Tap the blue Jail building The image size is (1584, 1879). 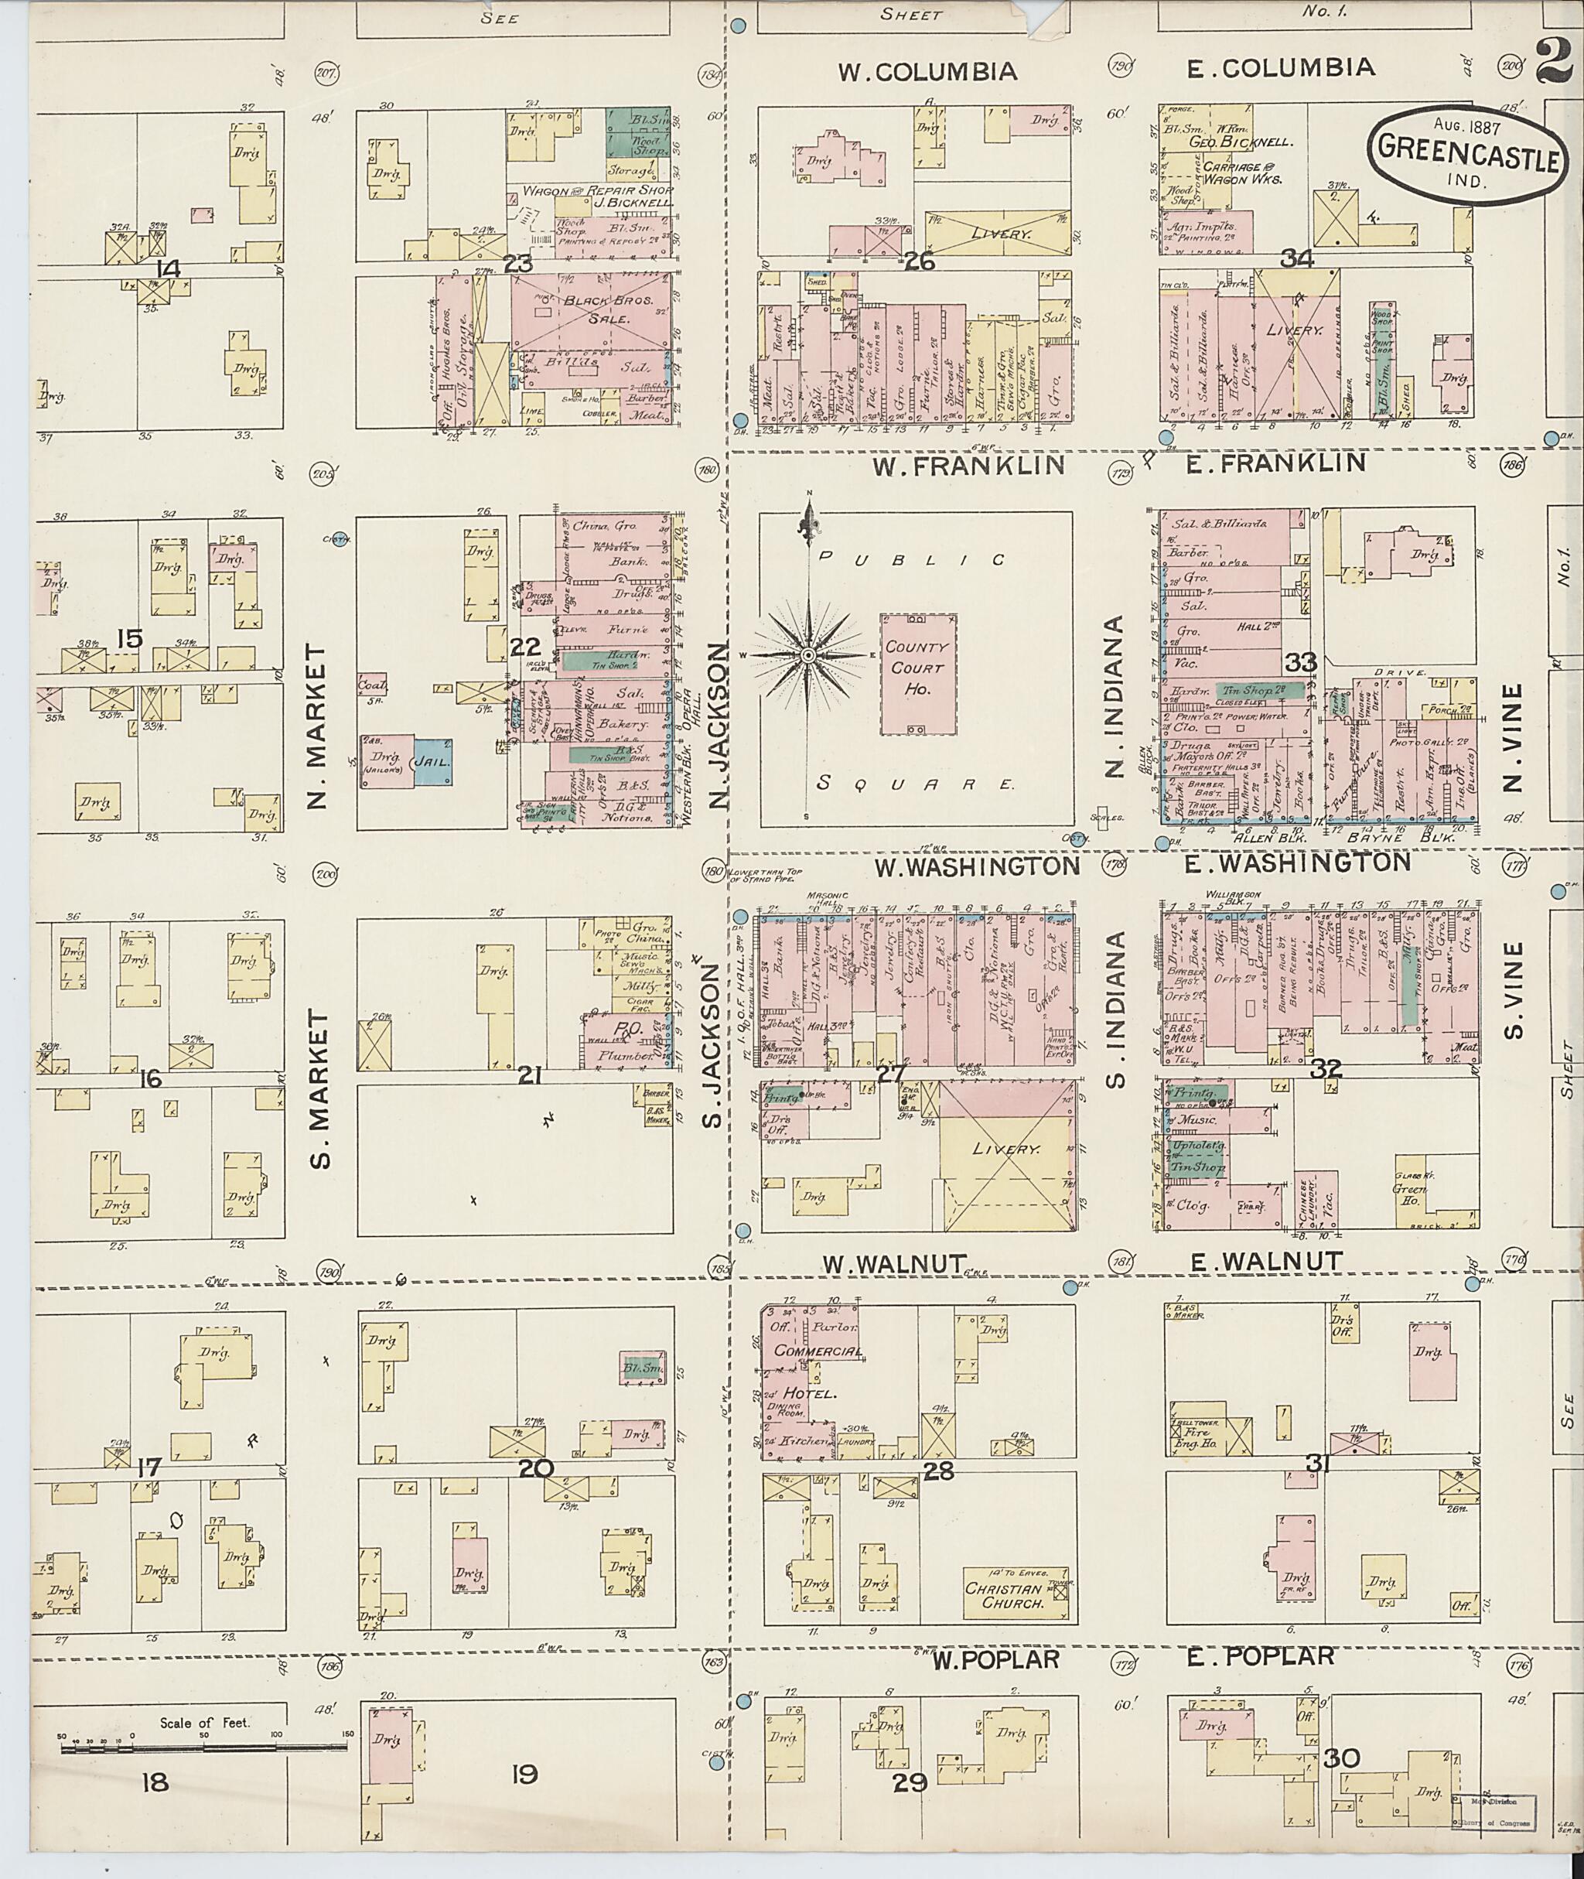pyautogui.click(x=433, y=763)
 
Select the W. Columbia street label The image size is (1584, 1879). pyautogui.click(x=927, y=71)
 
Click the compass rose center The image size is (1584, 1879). pyautogui.click(x=808, y=656)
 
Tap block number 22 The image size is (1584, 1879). pyautogui.click(x=524, y=647)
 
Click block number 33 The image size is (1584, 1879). pyautogui.click(x=1299, y=663)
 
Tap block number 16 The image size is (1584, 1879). pyautogui.click(x=150, y=1077)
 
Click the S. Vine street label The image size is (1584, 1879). pyautogui.click(x=1513, y=988)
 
